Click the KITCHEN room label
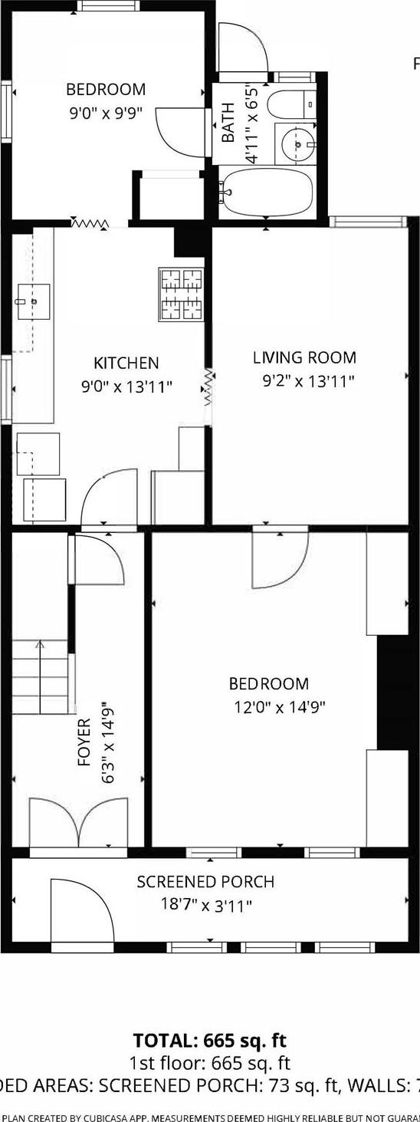point(126,363)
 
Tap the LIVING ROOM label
point(304,357)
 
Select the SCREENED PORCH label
point(205,882)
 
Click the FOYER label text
point(84,742)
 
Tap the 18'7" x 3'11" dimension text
point(205,906)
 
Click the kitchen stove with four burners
point(182,294)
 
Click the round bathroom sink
point(296,143)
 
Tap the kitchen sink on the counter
point(33,301)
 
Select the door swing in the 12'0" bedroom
point(279,559)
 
